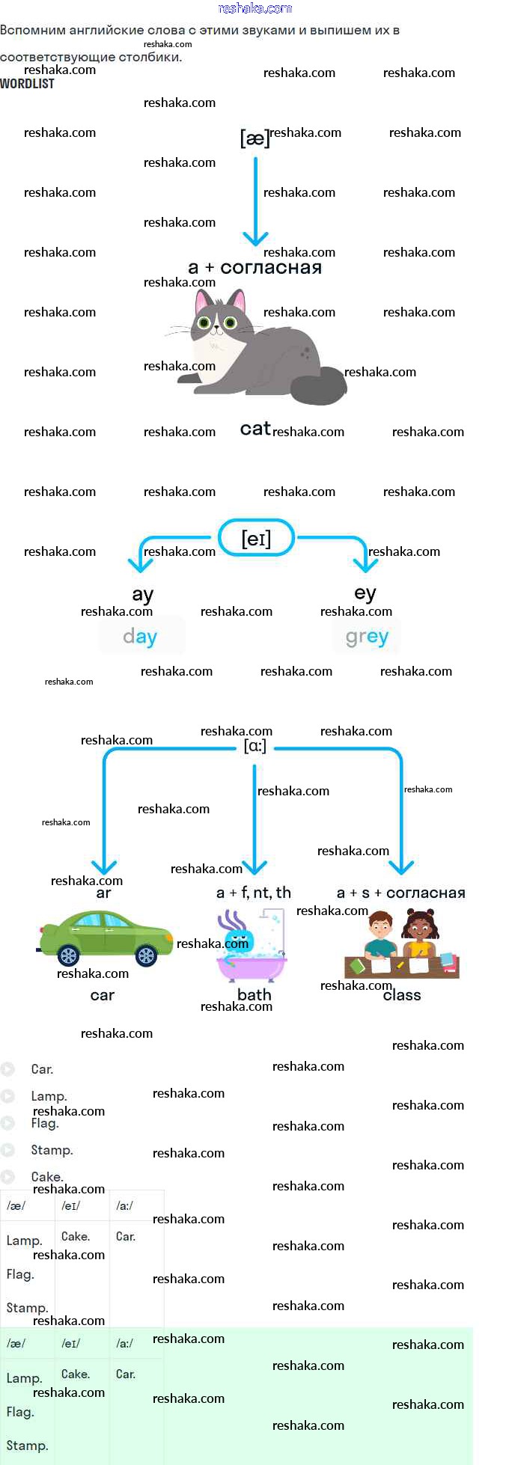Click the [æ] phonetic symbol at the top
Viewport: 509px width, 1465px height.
click(254, 138)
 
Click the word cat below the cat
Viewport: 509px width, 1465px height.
click(255, 429)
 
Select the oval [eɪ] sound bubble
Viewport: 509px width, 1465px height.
click(256, 538)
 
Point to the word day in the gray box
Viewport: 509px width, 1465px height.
click(140, 637)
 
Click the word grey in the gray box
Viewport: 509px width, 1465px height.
click(367, 637)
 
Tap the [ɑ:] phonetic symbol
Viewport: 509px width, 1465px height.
click(255, 746)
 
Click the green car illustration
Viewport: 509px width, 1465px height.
click(105, 937)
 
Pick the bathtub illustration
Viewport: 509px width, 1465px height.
click(251, 946)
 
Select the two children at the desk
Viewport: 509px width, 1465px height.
click(401, 943)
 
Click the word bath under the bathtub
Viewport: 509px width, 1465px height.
click(254, 994)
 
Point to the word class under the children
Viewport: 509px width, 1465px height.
click(402, 995)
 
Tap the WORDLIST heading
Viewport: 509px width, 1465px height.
click(28, 84)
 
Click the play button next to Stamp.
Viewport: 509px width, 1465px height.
click(7, 1150)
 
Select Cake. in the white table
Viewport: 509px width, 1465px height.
click(76, 1237)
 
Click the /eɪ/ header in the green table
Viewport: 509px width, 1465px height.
click(71, 1344)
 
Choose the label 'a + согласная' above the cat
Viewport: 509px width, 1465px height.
click(255, 267)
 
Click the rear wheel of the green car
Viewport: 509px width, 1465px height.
click(68, 955)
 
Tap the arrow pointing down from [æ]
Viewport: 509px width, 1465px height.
click(255, 202)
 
